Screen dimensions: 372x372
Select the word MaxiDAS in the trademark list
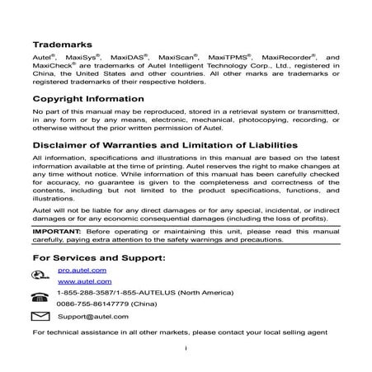131,59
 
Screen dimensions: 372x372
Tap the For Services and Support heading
99,257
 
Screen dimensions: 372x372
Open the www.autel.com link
80,282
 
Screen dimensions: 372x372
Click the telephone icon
40,298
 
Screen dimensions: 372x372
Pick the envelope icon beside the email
40,317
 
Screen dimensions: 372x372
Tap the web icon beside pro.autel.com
40,275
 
